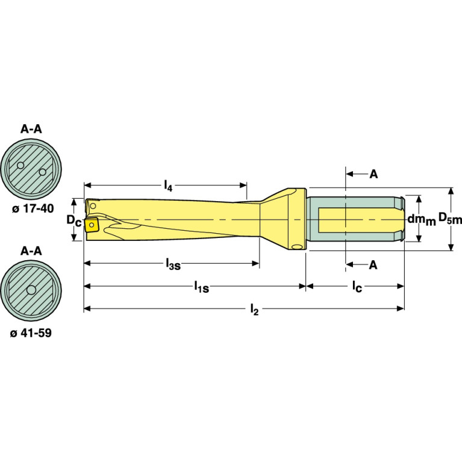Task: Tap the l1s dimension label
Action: coord(201,288)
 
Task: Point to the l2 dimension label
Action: coord(254,310)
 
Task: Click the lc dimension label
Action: coord(357,288)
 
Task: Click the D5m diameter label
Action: coord(449,219)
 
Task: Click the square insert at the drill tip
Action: coord(92,225)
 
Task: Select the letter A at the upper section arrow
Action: coord(373,174)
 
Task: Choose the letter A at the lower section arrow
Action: coord(373,264)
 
